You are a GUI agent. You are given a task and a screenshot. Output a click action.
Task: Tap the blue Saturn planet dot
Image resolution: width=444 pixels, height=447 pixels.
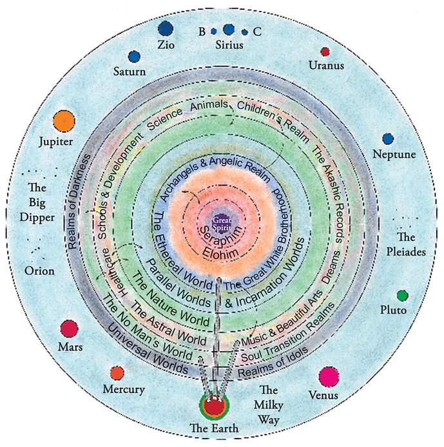coord(134,57)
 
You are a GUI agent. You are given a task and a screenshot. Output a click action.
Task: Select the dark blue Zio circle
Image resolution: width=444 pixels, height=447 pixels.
coord(166,28)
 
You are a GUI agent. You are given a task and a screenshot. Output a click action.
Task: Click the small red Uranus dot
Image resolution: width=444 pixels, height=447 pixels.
coord(325,52)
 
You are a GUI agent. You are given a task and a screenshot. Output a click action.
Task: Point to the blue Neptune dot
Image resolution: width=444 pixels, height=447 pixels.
coord(387,139)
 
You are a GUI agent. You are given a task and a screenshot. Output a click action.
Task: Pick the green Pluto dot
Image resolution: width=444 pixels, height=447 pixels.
coord(402,296)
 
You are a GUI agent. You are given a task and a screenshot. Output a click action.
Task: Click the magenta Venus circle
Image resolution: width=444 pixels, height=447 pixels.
coord(329,376)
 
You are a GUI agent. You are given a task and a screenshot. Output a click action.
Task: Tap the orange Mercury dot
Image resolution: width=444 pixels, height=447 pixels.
coord(117,372)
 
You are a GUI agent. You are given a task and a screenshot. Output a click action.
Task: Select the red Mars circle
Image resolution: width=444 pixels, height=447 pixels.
coord(69,328)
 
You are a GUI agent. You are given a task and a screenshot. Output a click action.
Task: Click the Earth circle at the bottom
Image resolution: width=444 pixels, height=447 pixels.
coord(213,406)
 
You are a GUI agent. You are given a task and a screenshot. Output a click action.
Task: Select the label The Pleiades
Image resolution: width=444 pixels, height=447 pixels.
coord(407,245)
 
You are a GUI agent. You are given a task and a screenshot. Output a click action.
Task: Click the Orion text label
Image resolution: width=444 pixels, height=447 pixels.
coord(39,271)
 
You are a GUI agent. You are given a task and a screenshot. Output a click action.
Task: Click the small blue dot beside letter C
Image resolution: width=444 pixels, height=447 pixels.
coord(244,32)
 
